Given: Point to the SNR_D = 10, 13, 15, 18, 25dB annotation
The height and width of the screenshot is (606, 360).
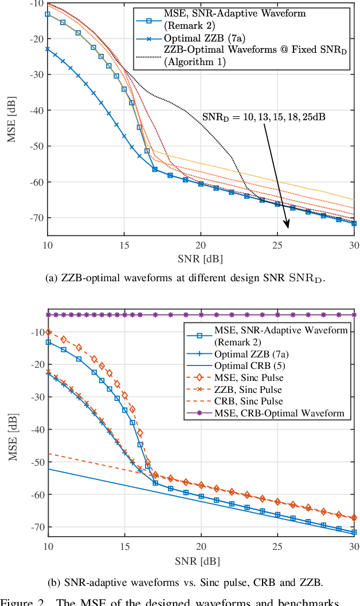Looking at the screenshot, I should [265, 117].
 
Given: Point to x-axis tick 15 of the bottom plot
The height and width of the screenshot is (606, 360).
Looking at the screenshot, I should [124, 547].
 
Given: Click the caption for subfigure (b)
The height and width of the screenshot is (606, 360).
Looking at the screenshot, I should [193, 583].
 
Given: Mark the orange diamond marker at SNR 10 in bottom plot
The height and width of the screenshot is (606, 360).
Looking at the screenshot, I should [48, 332].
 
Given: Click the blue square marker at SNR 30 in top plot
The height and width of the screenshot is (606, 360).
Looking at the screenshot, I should [354, 223].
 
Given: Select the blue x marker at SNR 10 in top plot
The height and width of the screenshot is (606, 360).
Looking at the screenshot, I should [48, 49].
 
